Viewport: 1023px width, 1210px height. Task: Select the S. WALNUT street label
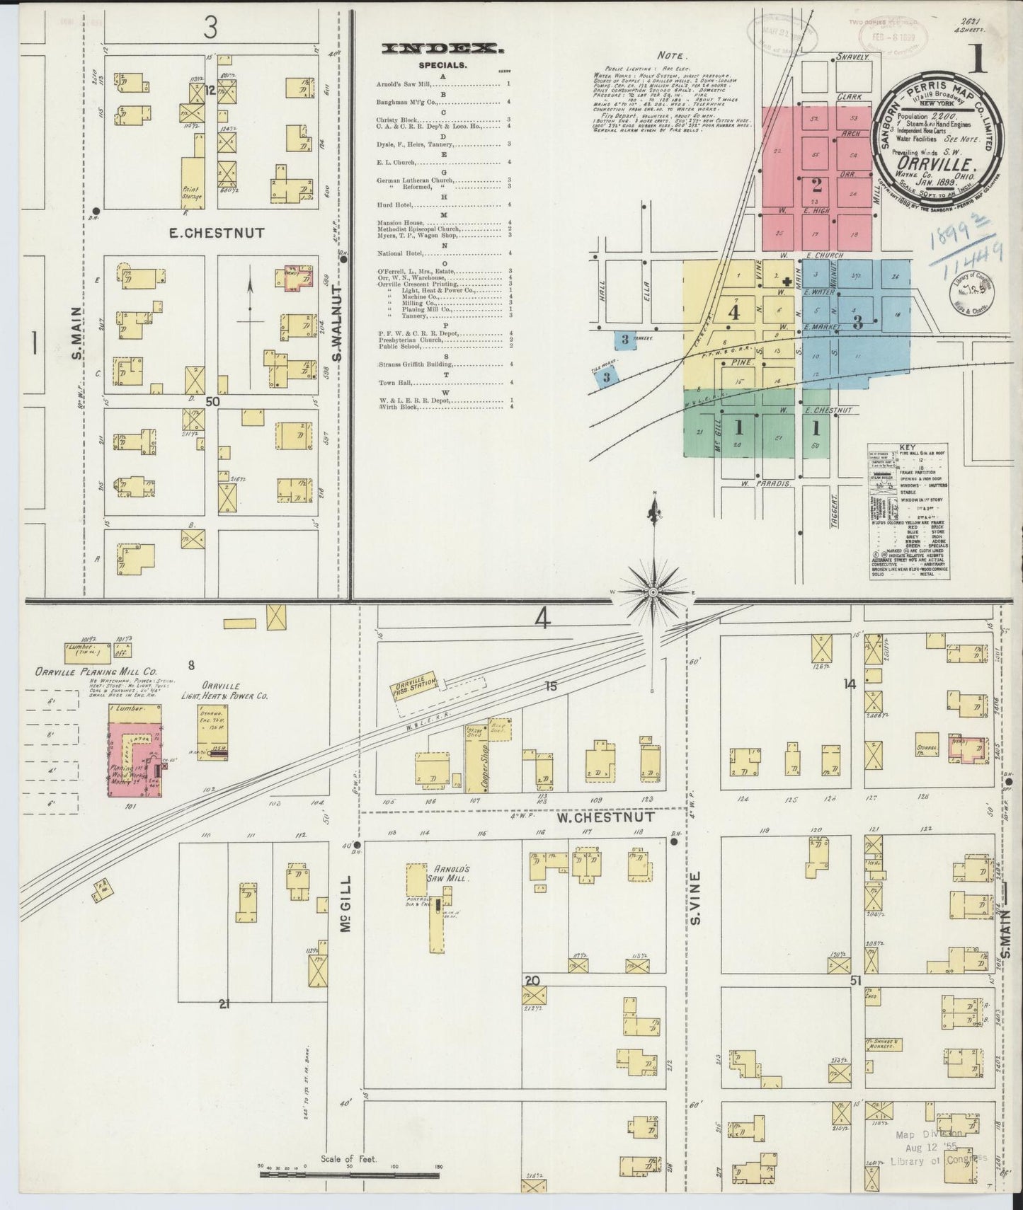(x=338, y=323)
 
